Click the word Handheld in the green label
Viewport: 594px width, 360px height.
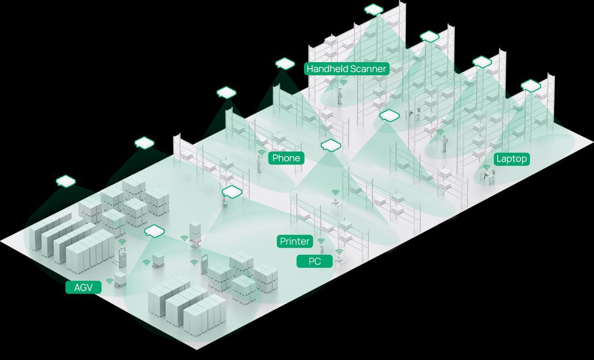click(x=326, y=69)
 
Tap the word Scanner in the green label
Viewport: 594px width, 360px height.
click(x=368, y=69)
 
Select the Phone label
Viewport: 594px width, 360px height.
click(x=286, y=158)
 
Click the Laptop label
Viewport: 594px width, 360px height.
click(x=511, y=159)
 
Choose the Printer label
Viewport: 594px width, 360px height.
click(x=295, y=241)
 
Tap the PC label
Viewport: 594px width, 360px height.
click(x=315, y=261)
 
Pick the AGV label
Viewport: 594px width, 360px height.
click(x=84, y=288)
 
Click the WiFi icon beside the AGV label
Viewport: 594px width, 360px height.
click(x=109, y=281)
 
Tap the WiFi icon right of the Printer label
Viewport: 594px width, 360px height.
click(x=321, y=241)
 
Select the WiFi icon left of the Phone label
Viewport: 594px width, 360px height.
click(x=261, y=153)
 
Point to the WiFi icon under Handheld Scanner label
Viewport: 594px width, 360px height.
click(x=343, y=82)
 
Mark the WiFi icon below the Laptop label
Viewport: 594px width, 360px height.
click(x=486, y=167)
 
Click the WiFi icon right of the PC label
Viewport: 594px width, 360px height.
click(x=339, y=252)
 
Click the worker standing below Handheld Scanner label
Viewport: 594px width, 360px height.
click(x=340, y=96)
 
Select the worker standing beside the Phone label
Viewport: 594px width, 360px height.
click(x=259, y=164)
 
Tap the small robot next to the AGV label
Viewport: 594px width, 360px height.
click(x=120, y=279)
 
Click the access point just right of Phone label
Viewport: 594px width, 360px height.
click(x=331, y=145)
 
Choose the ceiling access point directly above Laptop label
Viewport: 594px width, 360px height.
click(x=530, y=86)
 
